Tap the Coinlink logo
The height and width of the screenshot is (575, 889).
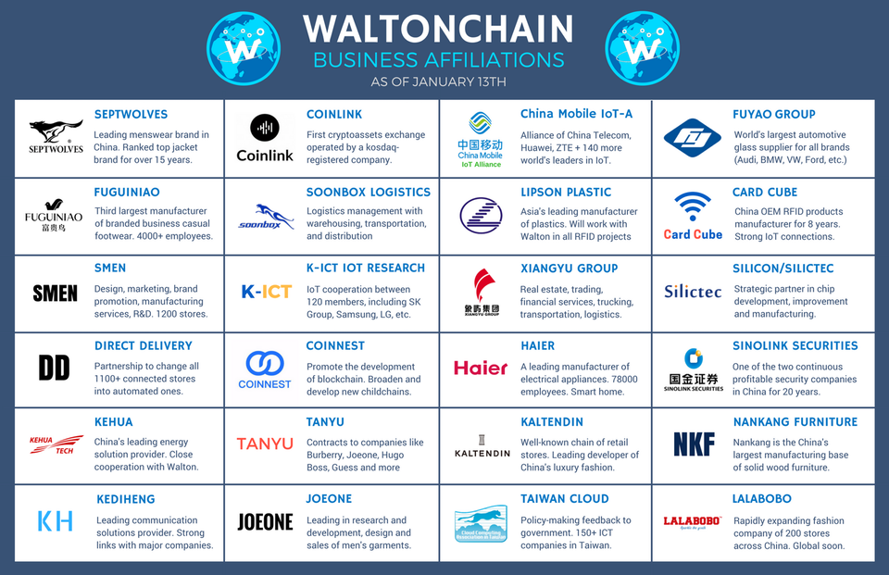265,138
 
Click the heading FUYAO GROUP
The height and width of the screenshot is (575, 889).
774,114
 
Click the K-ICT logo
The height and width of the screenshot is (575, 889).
267,292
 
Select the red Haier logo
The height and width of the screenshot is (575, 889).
481,368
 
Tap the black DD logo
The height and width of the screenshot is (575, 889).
55,368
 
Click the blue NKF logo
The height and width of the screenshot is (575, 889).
695,444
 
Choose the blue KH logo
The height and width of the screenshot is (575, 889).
56,521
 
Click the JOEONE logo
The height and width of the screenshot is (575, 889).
266,522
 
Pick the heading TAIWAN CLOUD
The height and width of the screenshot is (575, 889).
564,498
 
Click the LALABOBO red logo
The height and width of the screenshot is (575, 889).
693,521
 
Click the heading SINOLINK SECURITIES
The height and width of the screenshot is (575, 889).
795,345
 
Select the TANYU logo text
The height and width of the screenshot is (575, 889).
265,444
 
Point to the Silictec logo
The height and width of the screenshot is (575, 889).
693,292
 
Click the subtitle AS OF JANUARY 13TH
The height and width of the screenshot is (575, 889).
439,81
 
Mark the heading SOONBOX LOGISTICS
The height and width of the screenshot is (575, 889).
369,192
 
